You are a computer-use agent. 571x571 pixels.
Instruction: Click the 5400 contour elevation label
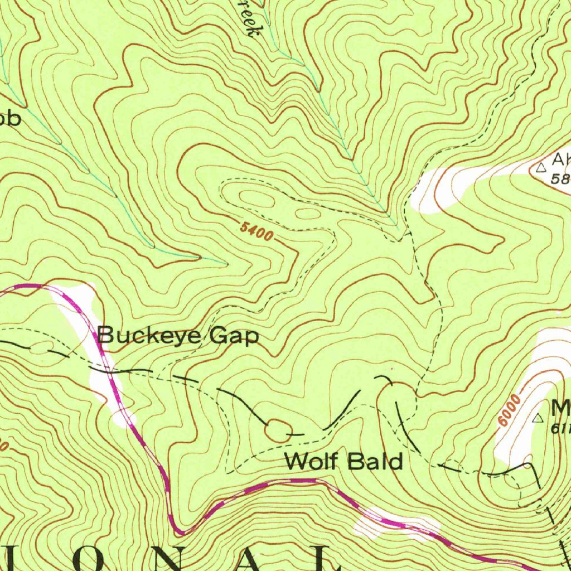(x=257, y=231)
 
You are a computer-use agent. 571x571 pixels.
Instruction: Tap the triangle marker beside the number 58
(x=540, y=167)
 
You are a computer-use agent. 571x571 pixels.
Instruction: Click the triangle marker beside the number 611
(x=539, y=418)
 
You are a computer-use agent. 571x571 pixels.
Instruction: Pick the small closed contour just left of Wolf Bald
(x=278, y=430)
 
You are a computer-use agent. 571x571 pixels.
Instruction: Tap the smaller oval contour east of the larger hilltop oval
(x=307, y=213)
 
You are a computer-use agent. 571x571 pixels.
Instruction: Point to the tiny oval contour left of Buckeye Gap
(x=39, y=348)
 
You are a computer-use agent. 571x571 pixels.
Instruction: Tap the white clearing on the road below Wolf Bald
(x=396, y=525)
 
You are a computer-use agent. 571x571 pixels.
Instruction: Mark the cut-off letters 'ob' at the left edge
(x=9, y=118)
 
